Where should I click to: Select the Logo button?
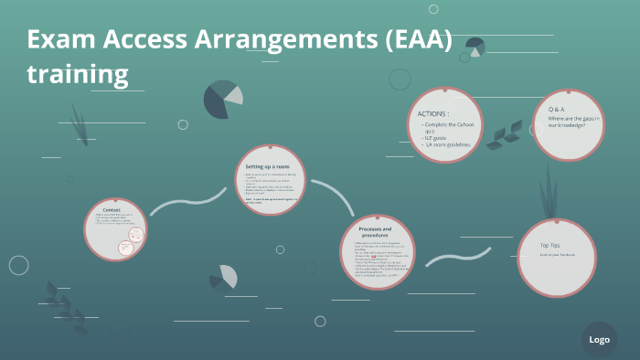pos(599,340)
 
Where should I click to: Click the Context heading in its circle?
pos(112,210)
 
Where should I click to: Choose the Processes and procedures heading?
pos(375,232)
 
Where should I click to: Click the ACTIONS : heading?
pos(433,113)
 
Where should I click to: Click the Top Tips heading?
pos(550,245)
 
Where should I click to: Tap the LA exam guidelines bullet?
pos(447,144)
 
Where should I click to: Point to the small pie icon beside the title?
pos(474,47)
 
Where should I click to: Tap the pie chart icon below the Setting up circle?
pos(223,276)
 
